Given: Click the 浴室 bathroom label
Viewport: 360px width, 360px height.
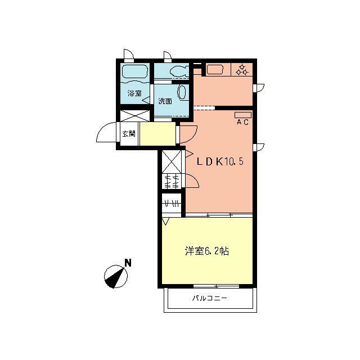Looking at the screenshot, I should [134, 93].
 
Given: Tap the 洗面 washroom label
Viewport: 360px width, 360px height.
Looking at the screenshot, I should [165, 101].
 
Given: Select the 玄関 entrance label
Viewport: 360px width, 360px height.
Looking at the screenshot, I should [129, 134].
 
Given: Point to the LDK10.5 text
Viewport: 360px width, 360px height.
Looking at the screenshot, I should [219, 161].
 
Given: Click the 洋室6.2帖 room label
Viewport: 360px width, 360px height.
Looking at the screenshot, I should [206, 251].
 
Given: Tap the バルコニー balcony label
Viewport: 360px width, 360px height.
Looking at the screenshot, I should [209, 298].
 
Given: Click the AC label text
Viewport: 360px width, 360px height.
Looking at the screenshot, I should [242, 121].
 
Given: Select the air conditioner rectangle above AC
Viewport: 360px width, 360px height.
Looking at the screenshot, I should [243, 115].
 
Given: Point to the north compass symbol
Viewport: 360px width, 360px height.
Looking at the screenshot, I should [116, 275].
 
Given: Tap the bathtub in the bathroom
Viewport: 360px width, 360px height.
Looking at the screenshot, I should [134, 73].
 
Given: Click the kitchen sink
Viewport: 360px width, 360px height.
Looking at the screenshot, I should [215, 70].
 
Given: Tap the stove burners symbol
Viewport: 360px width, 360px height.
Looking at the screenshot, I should [242, 70].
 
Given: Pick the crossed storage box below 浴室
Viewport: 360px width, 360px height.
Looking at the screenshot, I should [135, 116].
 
